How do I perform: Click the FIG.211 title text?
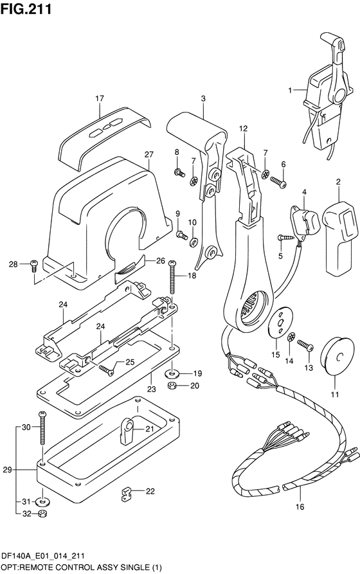point(26,9)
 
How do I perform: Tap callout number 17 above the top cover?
point(100,98)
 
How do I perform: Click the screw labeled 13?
point(305,345)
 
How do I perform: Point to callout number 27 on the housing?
point(148,154)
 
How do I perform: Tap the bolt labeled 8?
point(179,172)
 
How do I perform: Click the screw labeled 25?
point(106,370)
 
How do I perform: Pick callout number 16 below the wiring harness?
point(300,507)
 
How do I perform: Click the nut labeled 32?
point(43,514)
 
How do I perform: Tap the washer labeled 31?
point(43,501)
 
